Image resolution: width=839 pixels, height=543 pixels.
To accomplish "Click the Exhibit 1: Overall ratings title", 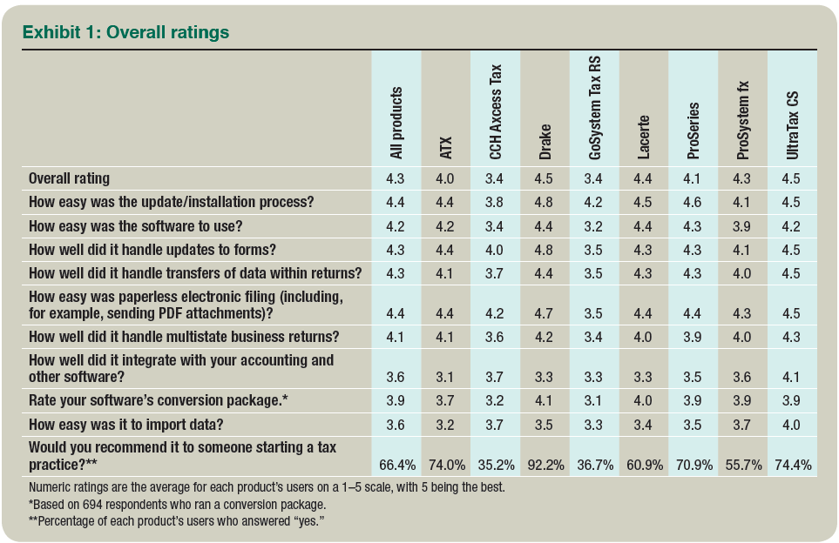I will [125, 32].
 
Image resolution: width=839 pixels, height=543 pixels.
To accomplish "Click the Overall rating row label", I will [70, 178].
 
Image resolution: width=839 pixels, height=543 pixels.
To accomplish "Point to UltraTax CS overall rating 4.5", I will [792, 179].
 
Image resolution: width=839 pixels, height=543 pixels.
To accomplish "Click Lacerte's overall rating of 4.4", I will [643, 179].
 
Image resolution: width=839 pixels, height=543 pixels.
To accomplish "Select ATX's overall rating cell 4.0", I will [445, 179].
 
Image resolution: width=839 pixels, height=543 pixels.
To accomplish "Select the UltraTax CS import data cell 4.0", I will [792, 426].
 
